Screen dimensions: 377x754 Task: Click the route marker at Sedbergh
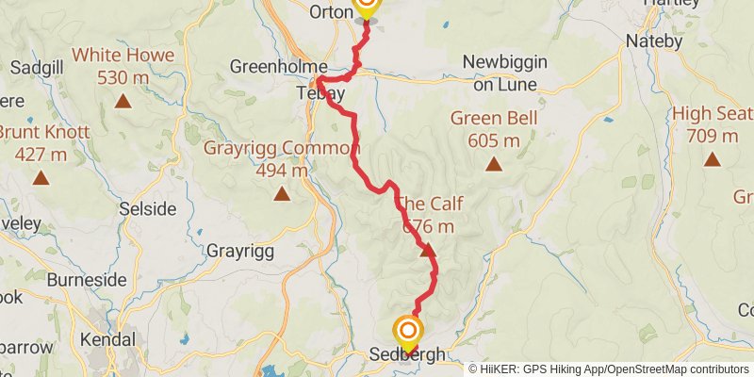coord(408,332)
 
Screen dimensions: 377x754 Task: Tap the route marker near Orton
coord(365,6)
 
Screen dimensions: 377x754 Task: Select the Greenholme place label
coord(278,67)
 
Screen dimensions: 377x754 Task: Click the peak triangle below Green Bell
coord(493,164)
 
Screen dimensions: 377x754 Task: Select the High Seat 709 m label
coord(713,124)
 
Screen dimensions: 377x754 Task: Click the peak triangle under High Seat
coord(713,158)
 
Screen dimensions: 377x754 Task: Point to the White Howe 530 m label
coord(123,66)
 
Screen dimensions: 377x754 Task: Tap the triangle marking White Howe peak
coord(123,100)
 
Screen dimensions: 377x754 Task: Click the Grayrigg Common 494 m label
coord(283,159)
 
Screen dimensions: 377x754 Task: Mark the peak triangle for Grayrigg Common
coord(281,194)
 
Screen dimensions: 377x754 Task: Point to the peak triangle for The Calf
coord(428,251)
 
